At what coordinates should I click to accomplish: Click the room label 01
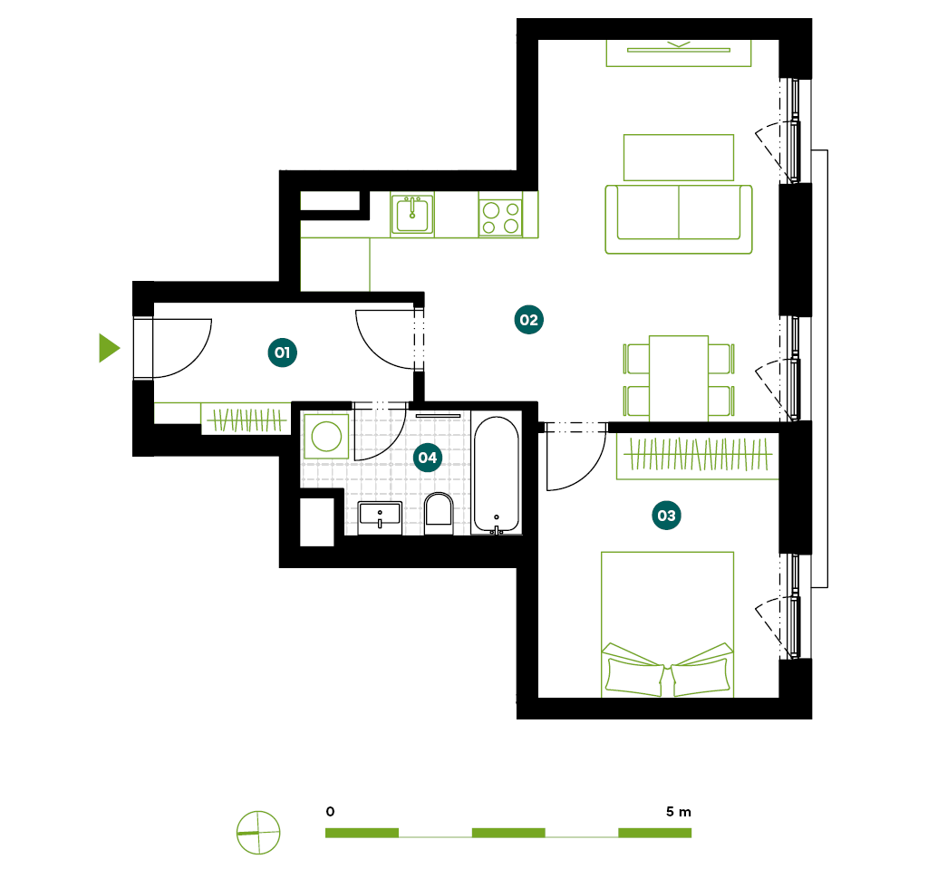[283, 352]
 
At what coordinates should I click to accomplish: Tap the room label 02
[528, 320]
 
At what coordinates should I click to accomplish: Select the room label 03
[666, 516]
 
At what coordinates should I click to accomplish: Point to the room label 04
[428, 458]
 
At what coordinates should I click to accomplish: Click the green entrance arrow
[108, 348]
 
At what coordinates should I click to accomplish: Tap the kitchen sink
[412, 214]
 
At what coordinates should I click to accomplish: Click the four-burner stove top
[500, 217]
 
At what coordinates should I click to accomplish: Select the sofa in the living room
[678, 219]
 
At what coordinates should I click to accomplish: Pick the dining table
[679, 379]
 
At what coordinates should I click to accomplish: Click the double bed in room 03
[668, 624]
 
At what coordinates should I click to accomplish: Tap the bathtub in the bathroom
[497, 476]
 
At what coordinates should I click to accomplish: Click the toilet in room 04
[439, 511]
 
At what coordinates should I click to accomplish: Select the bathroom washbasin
[380, 517]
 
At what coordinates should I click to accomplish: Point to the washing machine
[326, 437]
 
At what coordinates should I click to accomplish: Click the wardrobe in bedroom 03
[698, 456]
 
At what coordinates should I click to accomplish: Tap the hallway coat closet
[246, 420]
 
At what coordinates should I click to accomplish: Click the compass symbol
[258, 833]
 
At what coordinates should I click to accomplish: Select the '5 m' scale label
[679, 812]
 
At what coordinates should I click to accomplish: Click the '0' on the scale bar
[330, 812]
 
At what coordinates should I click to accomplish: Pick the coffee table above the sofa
[679, 158]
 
